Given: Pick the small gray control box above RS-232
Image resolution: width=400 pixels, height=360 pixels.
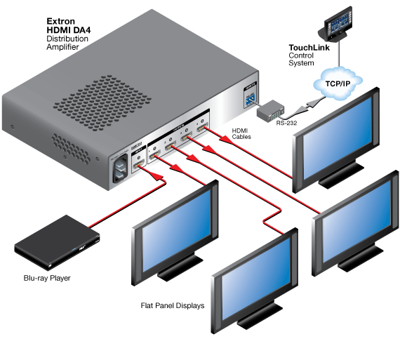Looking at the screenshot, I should coord(270,111).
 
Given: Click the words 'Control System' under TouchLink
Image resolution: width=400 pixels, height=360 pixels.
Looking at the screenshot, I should coord(305,60).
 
